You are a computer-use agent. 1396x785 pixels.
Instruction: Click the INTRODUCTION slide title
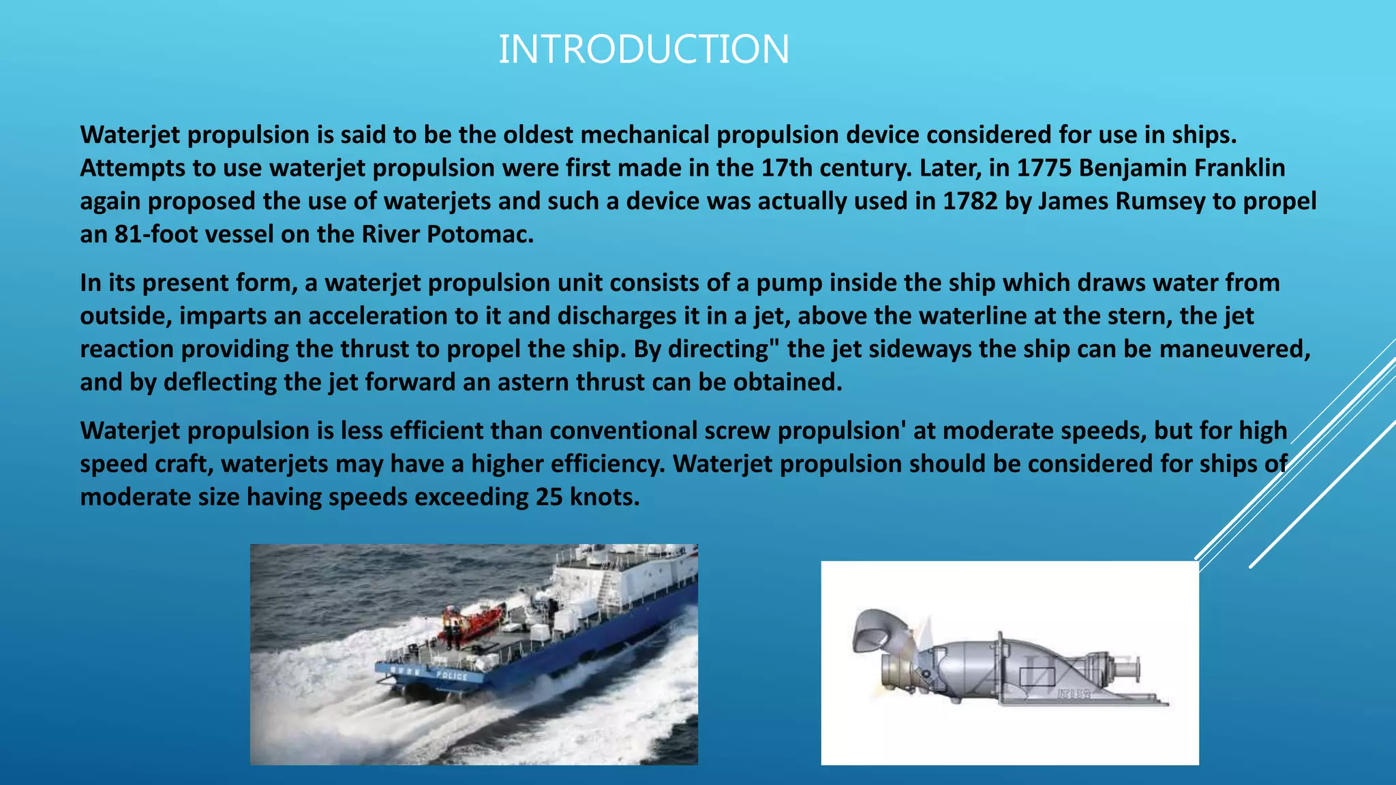(x=643, y=50)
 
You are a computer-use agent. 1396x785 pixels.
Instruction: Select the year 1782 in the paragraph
(x=970, y=201)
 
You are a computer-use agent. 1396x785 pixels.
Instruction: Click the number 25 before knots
(x=549, y=497)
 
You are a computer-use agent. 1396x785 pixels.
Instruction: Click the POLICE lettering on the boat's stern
(x=452, y=676)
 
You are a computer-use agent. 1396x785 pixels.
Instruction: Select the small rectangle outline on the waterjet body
(x=1037, y=677)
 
